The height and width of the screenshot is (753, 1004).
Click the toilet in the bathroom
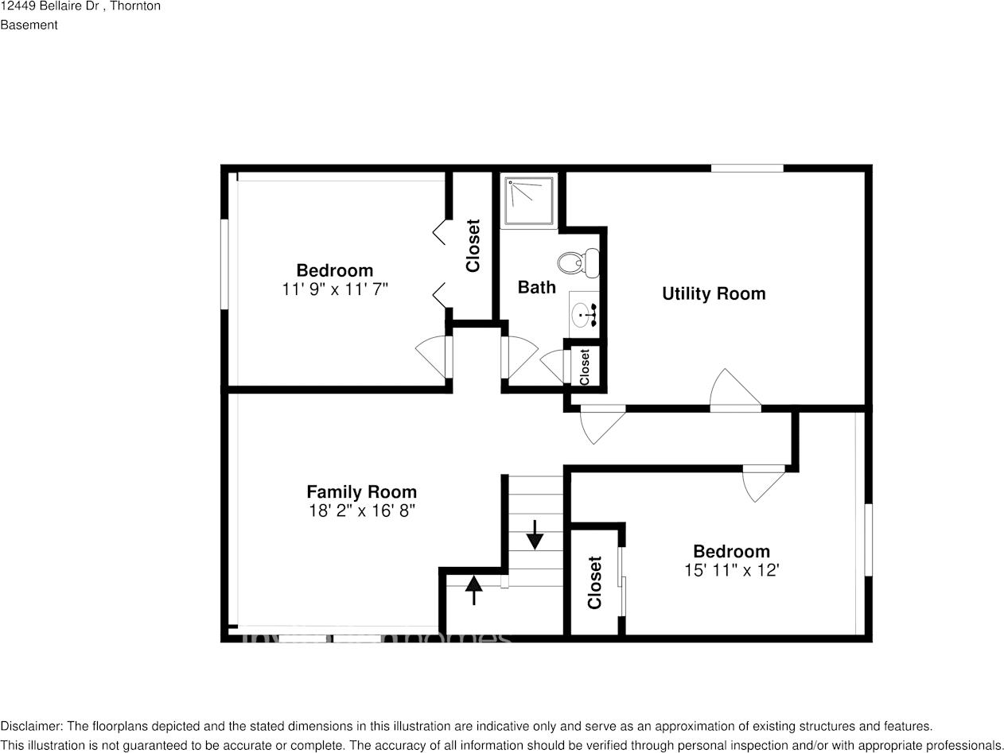[578, 263]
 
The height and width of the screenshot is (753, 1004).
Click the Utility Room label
[714, 293]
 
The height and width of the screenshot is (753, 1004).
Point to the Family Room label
[361, 491]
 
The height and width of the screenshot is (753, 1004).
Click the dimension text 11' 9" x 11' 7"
[335, 289]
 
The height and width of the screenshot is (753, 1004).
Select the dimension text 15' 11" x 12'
[731, 570]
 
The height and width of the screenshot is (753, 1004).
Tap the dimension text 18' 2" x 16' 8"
[362, 510]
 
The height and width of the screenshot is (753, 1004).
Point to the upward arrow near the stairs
[474, 589]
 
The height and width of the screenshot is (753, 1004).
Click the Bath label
[536, 287]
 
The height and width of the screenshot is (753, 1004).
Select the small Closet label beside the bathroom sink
[585, 367]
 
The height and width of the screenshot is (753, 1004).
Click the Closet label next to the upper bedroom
[473, 246]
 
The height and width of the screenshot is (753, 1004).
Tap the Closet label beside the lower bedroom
[595, 582]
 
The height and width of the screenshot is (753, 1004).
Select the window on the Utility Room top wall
[746, 168]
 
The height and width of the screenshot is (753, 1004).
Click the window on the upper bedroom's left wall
[224, 263]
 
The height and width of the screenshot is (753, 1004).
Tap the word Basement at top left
[29, 25]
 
